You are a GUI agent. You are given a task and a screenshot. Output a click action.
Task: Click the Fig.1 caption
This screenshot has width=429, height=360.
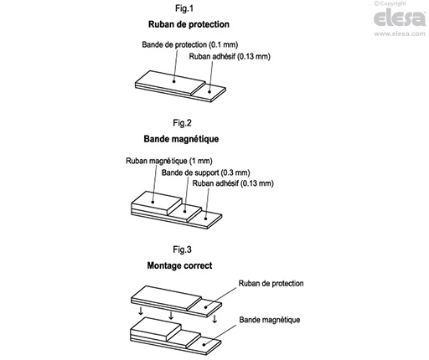point(184,8)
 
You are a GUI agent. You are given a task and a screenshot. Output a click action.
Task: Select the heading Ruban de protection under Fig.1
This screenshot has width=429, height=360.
point(189,24)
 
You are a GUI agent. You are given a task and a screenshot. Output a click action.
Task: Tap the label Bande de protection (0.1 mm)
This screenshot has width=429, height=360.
point(190,44)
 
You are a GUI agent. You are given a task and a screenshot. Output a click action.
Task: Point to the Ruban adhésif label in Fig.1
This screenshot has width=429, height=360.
point(230,56)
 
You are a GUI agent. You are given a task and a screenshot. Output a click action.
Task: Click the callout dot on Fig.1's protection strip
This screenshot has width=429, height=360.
point(173,81)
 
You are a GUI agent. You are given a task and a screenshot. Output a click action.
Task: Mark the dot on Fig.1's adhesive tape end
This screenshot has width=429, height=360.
point(209,91)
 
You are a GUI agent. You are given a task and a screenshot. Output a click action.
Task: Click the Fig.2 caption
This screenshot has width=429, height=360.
point(182,123)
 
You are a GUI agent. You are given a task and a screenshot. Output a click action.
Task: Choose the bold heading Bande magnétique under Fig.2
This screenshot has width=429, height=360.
point(181,139)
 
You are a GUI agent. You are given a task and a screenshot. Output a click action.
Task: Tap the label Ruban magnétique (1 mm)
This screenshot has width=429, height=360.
point(169,161)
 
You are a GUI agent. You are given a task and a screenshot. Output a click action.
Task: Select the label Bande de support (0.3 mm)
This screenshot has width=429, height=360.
point(205,172)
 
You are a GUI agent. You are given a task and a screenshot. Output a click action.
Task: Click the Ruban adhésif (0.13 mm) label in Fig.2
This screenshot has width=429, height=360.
point(233,183)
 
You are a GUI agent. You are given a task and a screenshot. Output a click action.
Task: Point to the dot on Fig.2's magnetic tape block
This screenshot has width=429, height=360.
point(152,202)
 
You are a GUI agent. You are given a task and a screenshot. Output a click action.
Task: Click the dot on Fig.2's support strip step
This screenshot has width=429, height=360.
point(184,212)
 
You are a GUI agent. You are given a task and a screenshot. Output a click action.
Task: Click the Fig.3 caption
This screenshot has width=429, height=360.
point(182,249)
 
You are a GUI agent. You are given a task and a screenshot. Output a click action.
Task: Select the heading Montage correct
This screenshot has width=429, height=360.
point(179,265)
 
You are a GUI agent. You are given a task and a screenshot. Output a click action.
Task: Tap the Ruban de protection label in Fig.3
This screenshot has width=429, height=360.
point(271,283)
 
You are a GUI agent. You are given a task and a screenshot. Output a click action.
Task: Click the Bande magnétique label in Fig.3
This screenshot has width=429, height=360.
point(270,320)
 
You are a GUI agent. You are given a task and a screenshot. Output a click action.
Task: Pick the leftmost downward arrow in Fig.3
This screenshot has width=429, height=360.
point(141,311)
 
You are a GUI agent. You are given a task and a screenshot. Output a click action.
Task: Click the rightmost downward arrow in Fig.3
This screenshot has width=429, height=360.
point(214,319)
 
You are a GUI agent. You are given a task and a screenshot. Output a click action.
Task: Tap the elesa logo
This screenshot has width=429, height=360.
point(400,18)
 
